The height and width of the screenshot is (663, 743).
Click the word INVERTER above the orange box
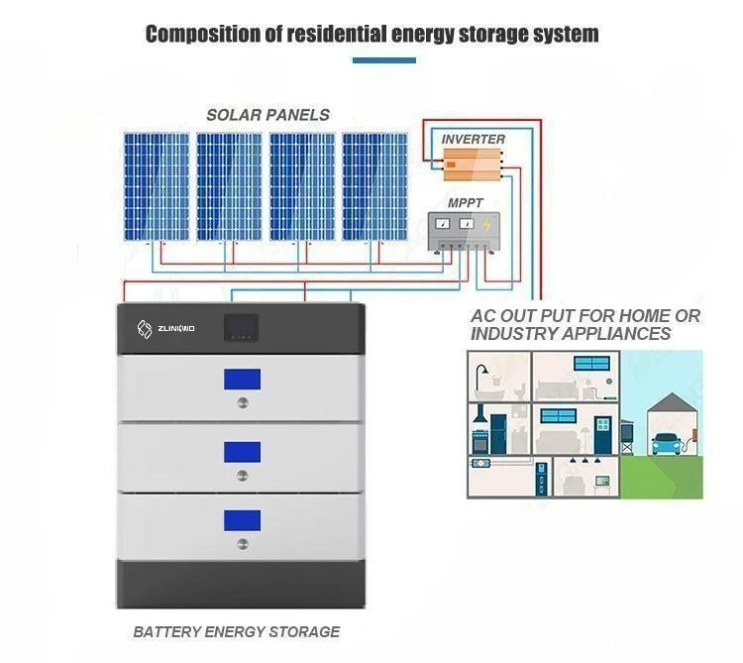click(474, 140)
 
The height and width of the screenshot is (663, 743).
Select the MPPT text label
click(466, 203)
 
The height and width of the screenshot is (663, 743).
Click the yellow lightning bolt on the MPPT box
click(485, 227)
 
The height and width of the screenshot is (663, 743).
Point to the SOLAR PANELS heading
click(268, 115)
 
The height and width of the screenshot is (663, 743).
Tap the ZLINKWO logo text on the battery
click(178, 329)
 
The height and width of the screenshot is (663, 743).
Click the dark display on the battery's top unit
click(242, 327)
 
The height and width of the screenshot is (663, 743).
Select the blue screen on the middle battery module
click(242, 452)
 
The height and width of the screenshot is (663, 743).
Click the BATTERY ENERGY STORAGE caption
click(237, 631)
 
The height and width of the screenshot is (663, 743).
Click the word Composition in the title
click(198, 35)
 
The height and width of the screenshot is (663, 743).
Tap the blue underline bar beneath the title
click(384, 61)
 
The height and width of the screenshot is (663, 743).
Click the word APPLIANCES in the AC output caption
click(611, 334)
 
